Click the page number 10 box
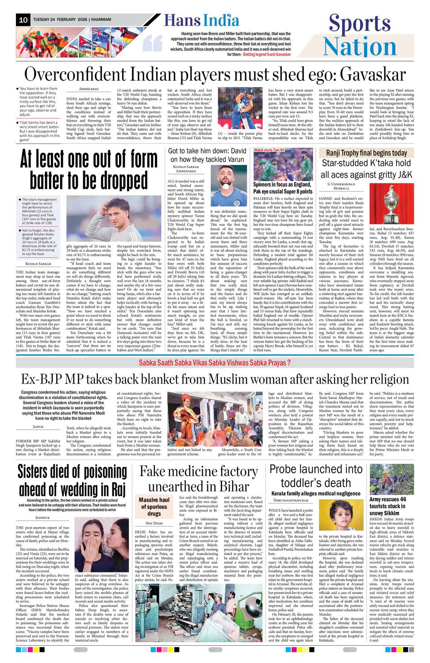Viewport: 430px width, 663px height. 23,20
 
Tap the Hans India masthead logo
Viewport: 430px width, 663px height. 202,20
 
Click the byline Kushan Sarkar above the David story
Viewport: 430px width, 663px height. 183,167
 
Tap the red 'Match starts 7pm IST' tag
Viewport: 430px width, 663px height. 269,150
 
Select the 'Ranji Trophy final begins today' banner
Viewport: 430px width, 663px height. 366,153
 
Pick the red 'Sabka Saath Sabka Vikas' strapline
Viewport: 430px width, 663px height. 215,362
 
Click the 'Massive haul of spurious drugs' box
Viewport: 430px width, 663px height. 154,507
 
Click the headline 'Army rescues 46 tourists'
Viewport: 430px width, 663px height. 388,506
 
